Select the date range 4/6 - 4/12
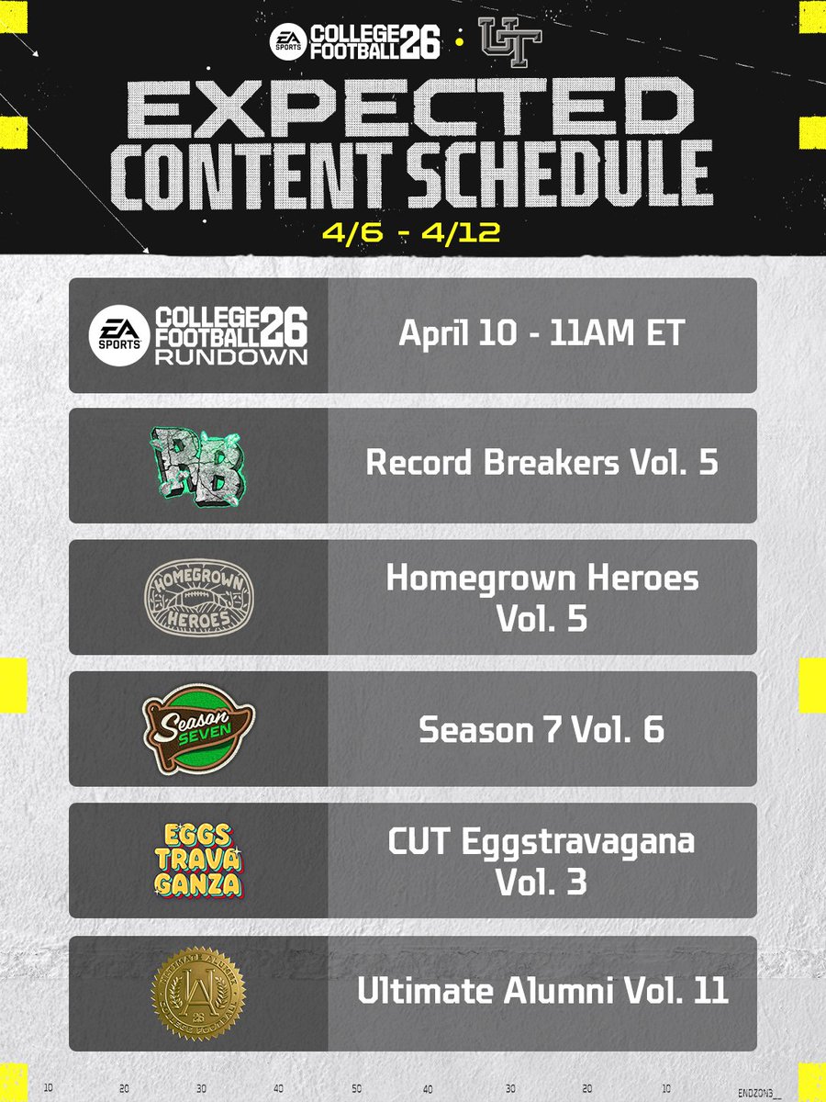[x=412, y=231]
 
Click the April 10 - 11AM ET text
[x=541, y=334]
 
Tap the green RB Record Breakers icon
[x=198, y=465]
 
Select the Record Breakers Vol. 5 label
[x=541, y=463]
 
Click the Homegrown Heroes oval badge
[x=198, y=597]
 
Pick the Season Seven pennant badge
[x=198, y=727]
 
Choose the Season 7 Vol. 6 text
[x=541, y=729]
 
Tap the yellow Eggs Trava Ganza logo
[x=198, y=860]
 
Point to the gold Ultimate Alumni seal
[x=198, y=992]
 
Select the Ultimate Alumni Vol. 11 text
[x=541, y=992]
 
